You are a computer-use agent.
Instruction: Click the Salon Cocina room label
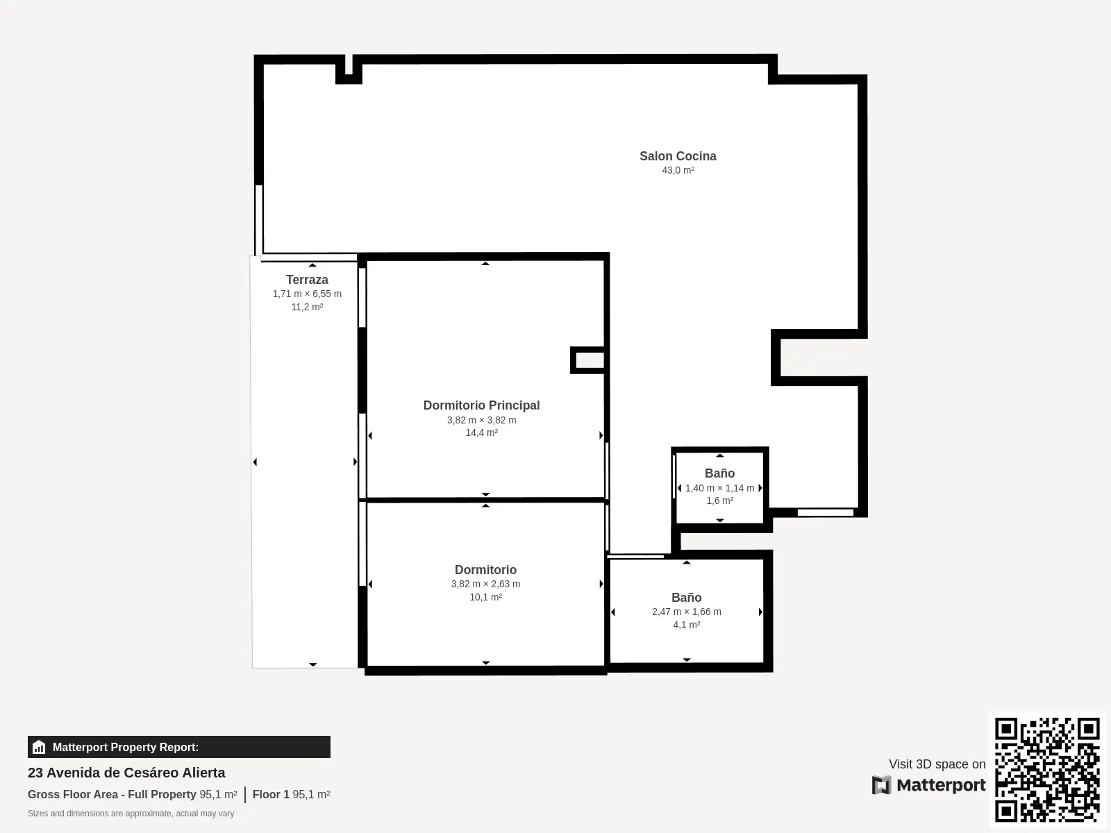click(678, 156)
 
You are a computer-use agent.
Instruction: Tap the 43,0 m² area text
click(678, 171)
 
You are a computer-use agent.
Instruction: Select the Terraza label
click(307, 280)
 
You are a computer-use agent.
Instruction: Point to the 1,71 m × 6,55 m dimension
click(307, 294)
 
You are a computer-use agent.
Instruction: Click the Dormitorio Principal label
click(481, 405)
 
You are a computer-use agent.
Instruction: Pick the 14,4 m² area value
click(481, 432)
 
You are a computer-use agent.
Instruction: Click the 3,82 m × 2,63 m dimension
click(485, 584)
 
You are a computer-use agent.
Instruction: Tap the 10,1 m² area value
click(485, 597)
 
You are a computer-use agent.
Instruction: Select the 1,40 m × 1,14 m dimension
click(720, 488)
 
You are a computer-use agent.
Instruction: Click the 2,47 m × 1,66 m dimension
click(686, 612)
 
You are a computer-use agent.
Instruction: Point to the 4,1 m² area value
click(686, 625)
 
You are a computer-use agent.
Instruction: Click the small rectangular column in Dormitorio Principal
click(587, 360)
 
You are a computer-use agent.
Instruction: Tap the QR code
click(1047, 769)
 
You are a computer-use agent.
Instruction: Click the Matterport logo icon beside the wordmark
click(881, 785)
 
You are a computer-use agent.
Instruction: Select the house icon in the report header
click(39, 747)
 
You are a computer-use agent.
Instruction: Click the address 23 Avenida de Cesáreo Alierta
click(126, 773)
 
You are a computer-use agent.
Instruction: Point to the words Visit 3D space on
click(937, 764)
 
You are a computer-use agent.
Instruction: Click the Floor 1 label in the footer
click(271, 795)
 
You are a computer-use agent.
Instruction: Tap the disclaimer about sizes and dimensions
click(131, 814)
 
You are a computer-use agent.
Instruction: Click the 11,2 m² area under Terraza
click(307, 307)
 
